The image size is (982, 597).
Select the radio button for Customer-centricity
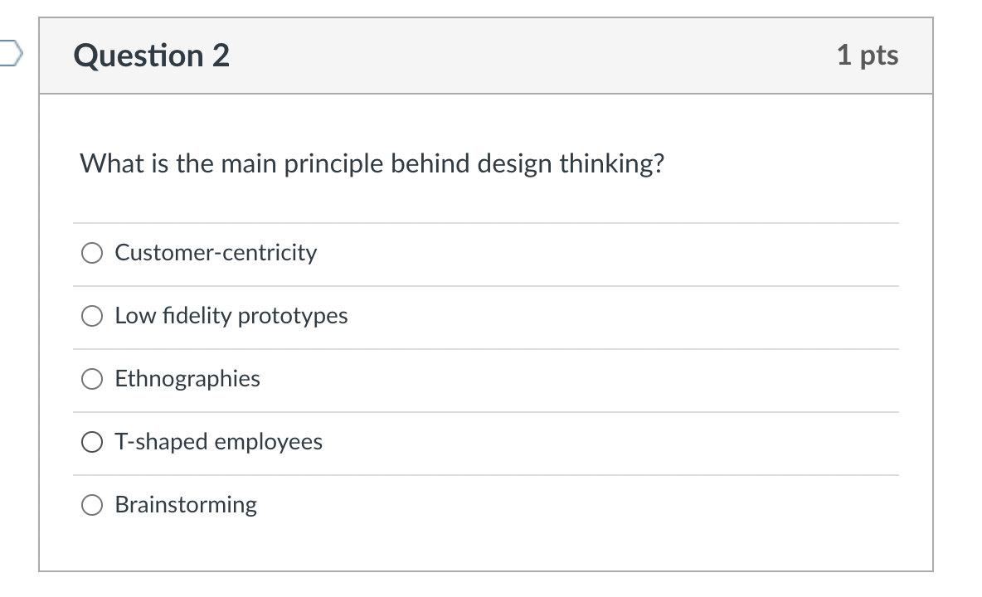[x=91, y=253]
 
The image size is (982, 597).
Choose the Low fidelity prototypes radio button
[x=91, y=316]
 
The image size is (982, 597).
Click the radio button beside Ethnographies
[x=91, y=379]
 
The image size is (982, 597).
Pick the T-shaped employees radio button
[x=91, y=442]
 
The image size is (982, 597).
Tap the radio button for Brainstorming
[x=91, y=505]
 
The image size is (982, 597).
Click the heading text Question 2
[x=151, y=56]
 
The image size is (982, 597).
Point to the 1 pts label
[x=867, y=56]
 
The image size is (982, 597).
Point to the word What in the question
[x=107, y=164]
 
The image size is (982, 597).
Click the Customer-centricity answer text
[x=216, y=252]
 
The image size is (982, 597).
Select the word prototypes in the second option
[x=293, y=316]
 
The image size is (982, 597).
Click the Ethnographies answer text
[x=187, y=379]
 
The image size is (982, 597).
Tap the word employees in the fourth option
[x=269, y=442]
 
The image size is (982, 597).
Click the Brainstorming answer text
[x=186, y=505]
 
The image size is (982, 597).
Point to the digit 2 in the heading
[x=220, y=56]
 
